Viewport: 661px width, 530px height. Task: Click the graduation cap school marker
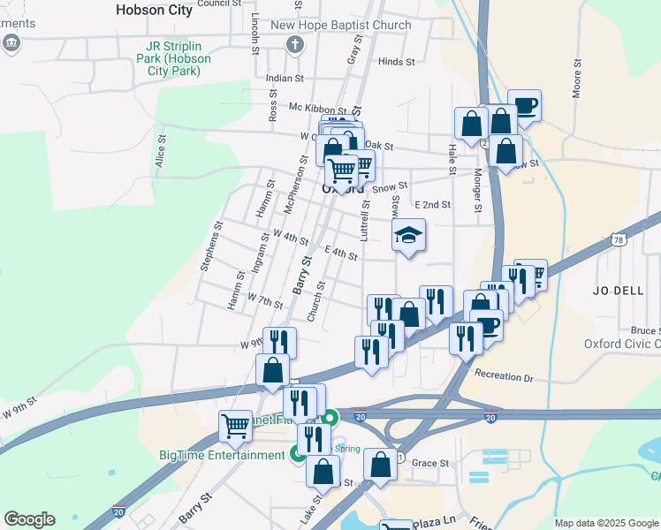coord(409,236)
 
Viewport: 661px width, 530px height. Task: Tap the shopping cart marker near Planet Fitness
coord(236,426)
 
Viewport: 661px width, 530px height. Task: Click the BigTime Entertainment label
coord(222,455)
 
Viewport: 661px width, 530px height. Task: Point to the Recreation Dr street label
coord(504,376)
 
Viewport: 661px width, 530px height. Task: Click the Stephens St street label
coord(209,251)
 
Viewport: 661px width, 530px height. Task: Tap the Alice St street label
coord(162,152)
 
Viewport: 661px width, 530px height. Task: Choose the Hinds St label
coord(396,62)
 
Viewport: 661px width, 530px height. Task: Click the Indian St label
coord(285,79)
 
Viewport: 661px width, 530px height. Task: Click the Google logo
coord(29,519)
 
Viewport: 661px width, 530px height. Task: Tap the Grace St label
coord(430,463)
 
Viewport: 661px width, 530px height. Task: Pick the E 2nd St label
coord(432,204)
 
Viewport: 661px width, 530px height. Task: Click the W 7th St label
coord(264,301)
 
